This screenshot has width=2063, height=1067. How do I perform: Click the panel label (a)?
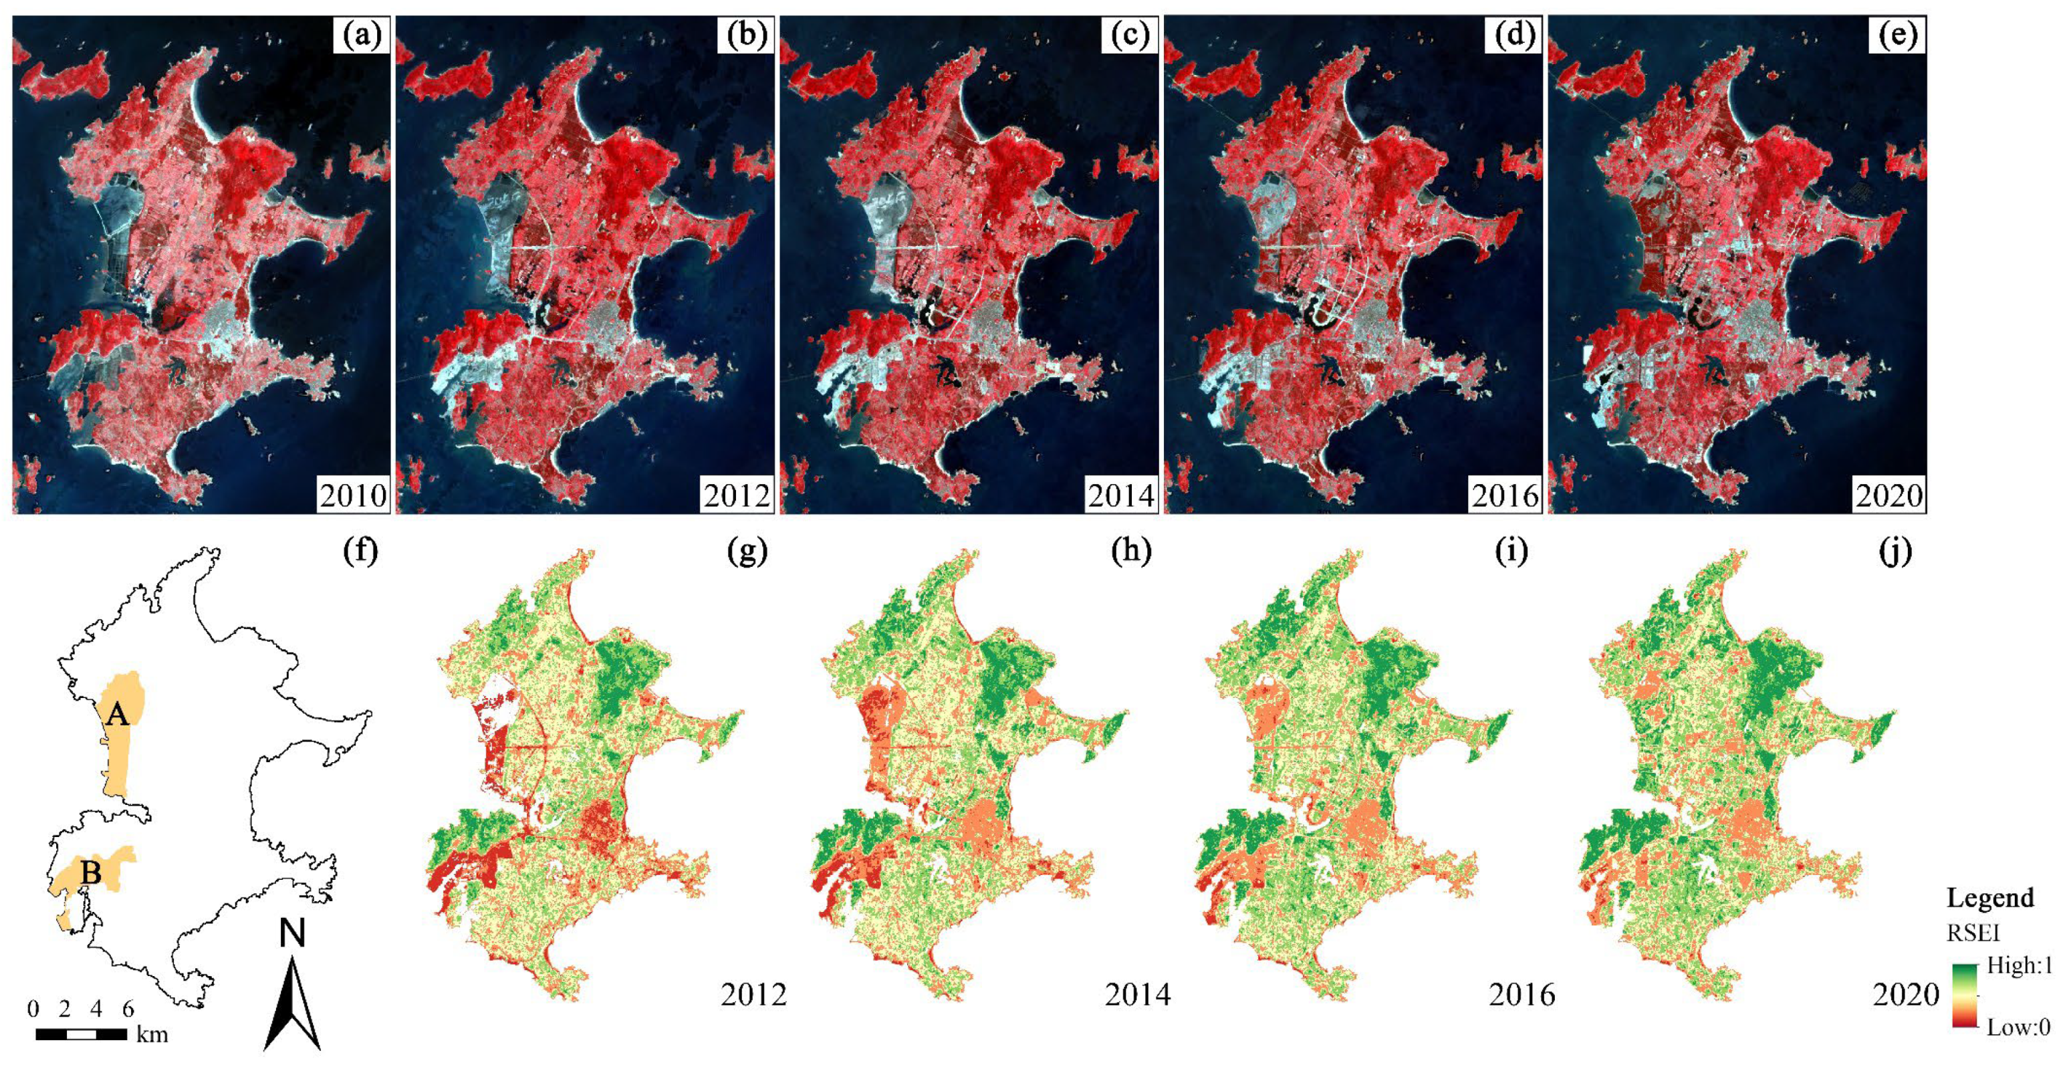point(361,36)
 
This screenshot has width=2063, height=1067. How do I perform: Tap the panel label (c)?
point(1129,36)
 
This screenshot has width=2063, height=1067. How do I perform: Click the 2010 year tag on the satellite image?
point(353,496)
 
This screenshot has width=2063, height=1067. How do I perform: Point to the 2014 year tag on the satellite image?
point(1120,496)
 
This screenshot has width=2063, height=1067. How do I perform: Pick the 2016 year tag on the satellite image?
point(1504,496)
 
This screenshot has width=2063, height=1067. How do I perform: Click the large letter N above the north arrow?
point(292,934)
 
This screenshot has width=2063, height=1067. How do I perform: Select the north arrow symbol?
point(292,1005)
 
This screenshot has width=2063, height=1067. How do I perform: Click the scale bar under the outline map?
point(81,1034)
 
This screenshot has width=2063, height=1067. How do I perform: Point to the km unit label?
point(152,1035)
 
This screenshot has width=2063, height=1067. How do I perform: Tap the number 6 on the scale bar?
point(127,1009)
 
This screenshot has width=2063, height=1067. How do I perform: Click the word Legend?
point(1990,898)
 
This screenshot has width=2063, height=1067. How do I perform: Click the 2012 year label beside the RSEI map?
point(753,995)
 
